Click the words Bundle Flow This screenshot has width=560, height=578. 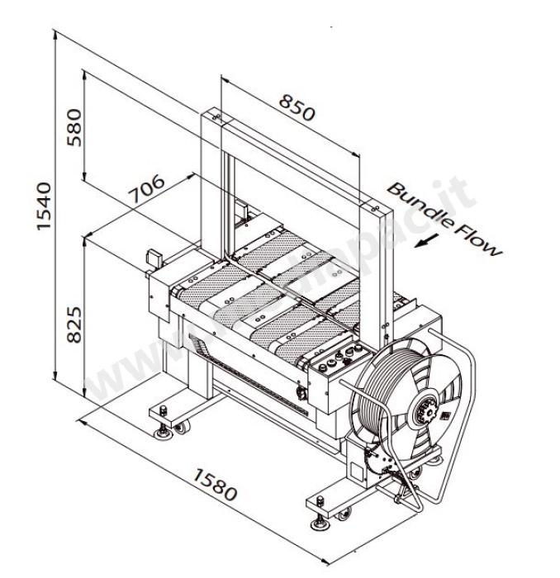pos(444,218)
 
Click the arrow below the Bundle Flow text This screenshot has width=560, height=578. pos(427,240)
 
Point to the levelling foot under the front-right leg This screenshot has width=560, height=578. pos(318,523)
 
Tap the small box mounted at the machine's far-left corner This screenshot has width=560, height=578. pos(152,258)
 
